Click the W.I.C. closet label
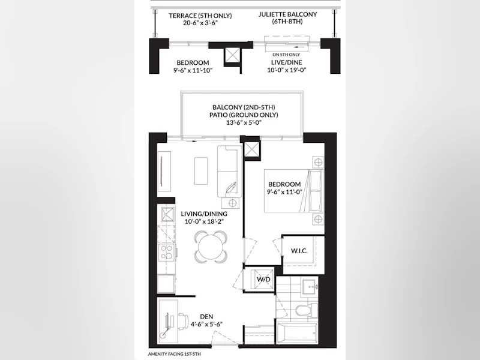pyautogui.click(x=299, y=251)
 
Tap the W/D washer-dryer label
pyautogui.click(x=263, y=280)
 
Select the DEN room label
pyautogui.click(x=206, y=317)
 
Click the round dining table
pyautogui.click(x=211, y=247)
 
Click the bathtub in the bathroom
pyautogui.click(x=297, y=334)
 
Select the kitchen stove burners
pyautogui.click(x=167, y=252)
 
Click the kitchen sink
pyautogui.click(x=166, y=214)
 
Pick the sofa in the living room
pyautogui.click(x=229, y=172)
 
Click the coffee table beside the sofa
pyautogui.click(x=201, y=171)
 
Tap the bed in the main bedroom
pyautogui.click(x=294, y=191)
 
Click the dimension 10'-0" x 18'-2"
pyautogui.click(x=204, y=221)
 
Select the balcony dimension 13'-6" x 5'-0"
pyautogui.click(x=244, y=122)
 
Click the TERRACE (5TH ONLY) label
pyautogui.click(x=200, y=16)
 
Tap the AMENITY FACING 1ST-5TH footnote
pyautogui.click(x=175, y=354)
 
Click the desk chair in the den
pyautogui.click(x=183, y=322)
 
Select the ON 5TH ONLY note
pyautogui.click(x=286, y=55)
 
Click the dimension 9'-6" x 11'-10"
pyautogui.click(x=193, y=70)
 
